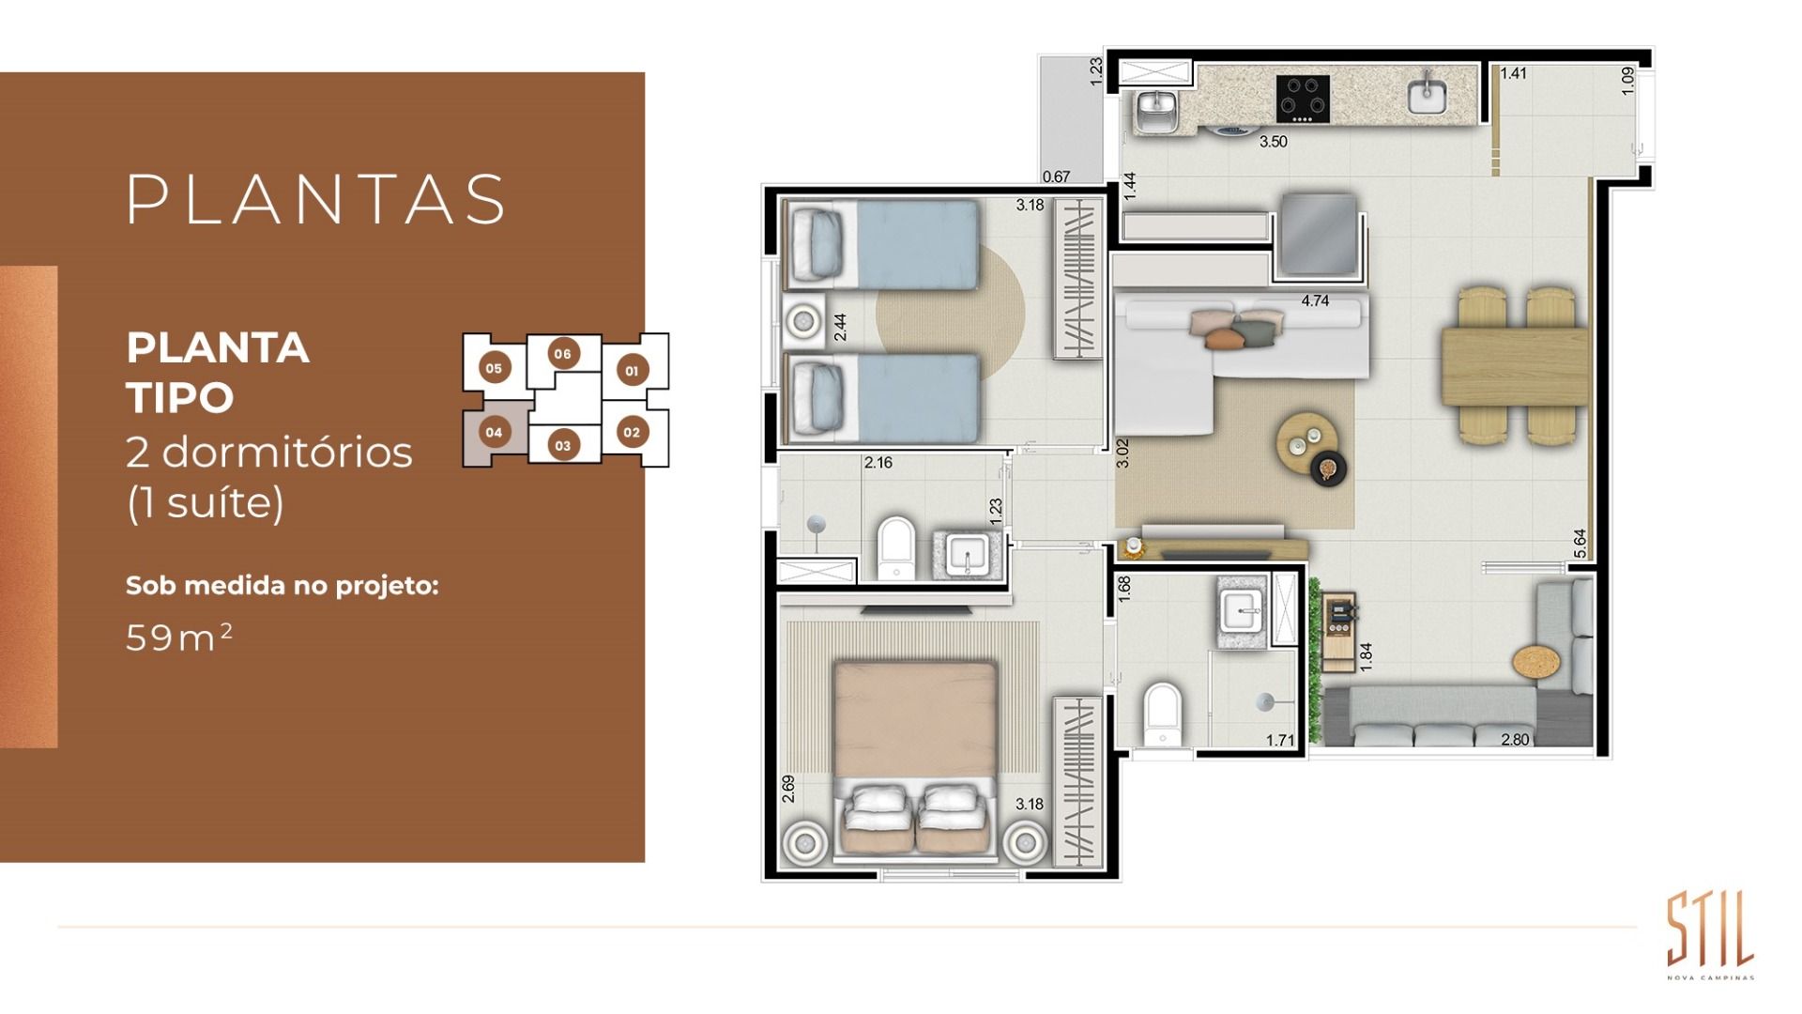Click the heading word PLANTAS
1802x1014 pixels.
[316, 199]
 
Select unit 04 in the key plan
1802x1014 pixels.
[494, 433]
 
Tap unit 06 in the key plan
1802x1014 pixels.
[562, 354]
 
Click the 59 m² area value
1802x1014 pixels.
[178, 638]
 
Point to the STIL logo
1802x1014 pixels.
[1710, 930]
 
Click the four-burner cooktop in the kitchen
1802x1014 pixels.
[1303, 99]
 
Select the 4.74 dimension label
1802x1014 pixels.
[1315, 301]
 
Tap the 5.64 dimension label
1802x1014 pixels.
[1580, 544]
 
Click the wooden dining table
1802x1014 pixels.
[1514, 365]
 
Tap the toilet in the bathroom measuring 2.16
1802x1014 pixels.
[895, 546]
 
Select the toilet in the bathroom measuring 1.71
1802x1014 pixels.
[1162, 713]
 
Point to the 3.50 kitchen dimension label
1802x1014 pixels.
[1273, 142]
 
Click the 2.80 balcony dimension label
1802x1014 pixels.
[1515, 740]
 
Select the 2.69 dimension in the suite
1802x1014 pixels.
[788, 788]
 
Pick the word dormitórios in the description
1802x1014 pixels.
[287, 453]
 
